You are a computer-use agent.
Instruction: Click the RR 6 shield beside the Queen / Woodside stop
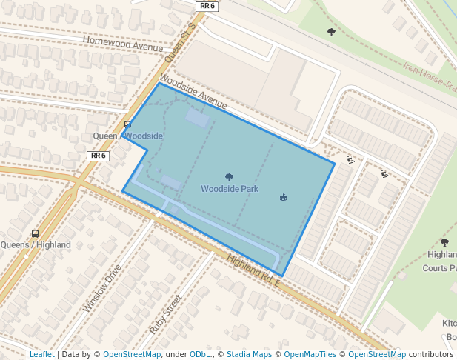(x=98, y=156)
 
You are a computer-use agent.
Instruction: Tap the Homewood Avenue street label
(x=122, y=44)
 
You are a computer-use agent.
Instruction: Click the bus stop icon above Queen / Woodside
(x=128, y=124)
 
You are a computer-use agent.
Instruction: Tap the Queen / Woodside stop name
(x=127, y=136)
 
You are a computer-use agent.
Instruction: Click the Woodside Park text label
(x=230, y=189)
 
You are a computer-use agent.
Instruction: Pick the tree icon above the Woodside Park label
(x=229, y=177)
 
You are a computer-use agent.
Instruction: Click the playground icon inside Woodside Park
(x=283, y=197)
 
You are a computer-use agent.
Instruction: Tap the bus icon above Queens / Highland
(x=35, y=233)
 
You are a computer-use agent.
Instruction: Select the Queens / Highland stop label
(x=36, y=245)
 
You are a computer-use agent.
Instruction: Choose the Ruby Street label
(x=165, y=314)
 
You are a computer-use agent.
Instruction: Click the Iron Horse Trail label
(x=430, y=78)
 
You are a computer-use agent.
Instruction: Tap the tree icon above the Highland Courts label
(x=444, y=242)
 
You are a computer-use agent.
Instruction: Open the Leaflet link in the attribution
(x=41, y=354)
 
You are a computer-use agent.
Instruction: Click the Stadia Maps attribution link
(x=249, y=354)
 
